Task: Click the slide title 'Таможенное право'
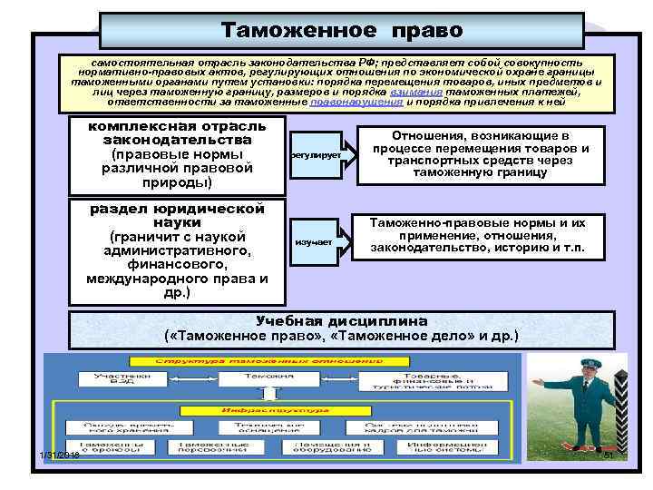pyautogui.click(x=342, y=30)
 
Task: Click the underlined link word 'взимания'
pyautogui.click(x=417, y=92)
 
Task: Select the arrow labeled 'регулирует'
pyautogui.click(x=320, y=155)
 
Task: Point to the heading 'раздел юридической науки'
pyautogui.click(x=177, y=214)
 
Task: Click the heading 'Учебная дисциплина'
pyautogui.click(x=342, y=321)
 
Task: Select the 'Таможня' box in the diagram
pyautogui.click(x=268, y=377)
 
